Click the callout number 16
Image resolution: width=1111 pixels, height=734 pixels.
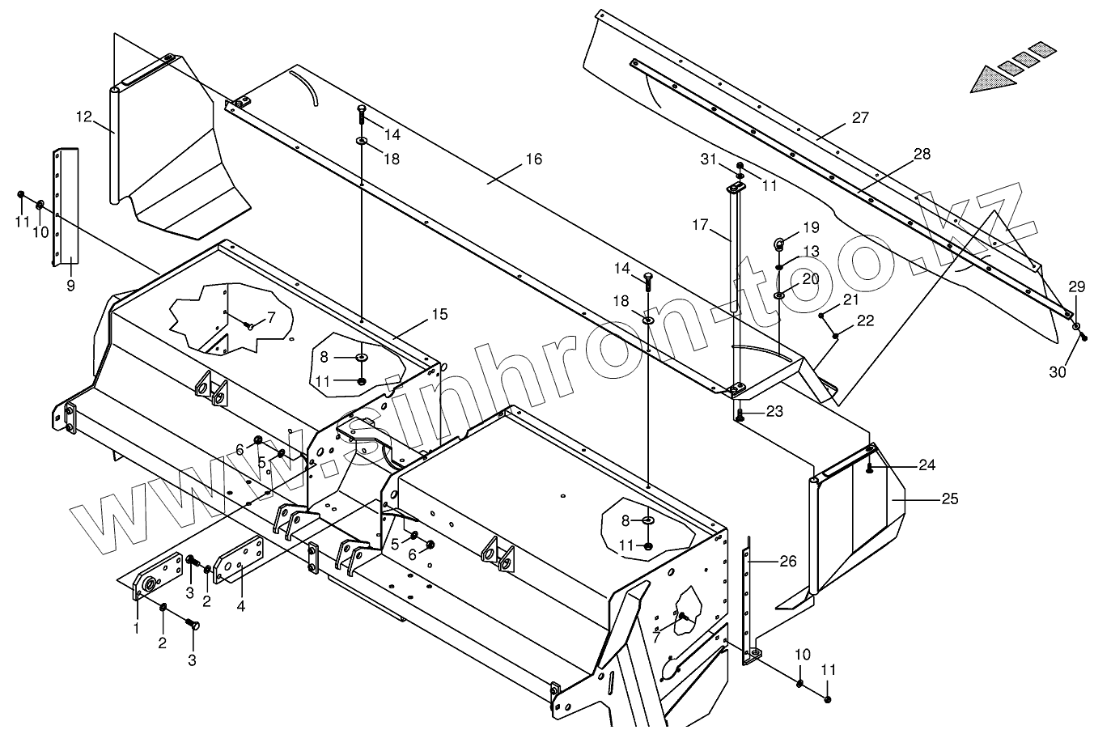coord(533,159)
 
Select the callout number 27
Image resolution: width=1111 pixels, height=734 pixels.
coord(860,118)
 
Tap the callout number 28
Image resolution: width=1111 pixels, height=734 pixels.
coord(922,155)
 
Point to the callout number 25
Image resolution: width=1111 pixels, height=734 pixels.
coord(949,499)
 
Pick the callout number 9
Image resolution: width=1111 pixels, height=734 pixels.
coord(70,286)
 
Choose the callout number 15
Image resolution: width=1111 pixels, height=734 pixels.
coord(439,314)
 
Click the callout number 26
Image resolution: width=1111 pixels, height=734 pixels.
coord(787,560)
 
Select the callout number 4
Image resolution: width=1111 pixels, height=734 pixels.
coord(240,605)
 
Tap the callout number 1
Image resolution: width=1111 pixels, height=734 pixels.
coord(137,627)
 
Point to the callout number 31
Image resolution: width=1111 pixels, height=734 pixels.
coord(709,160)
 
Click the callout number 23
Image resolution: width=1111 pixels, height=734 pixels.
coord(774,412)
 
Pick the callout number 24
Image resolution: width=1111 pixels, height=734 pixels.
coord(927,465)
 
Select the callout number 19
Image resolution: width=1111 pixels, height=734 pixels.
coord(811,227)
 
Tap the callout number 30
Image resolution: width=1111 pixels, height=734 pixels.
coord(1058,372)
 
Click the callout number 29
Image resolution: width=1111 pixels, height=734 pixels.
coord(1077,286)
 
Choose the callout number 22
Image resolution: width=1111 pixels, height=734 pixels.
coord(865,321)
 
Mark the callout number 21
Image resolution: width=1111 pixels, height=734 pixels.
coord(850,300)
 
